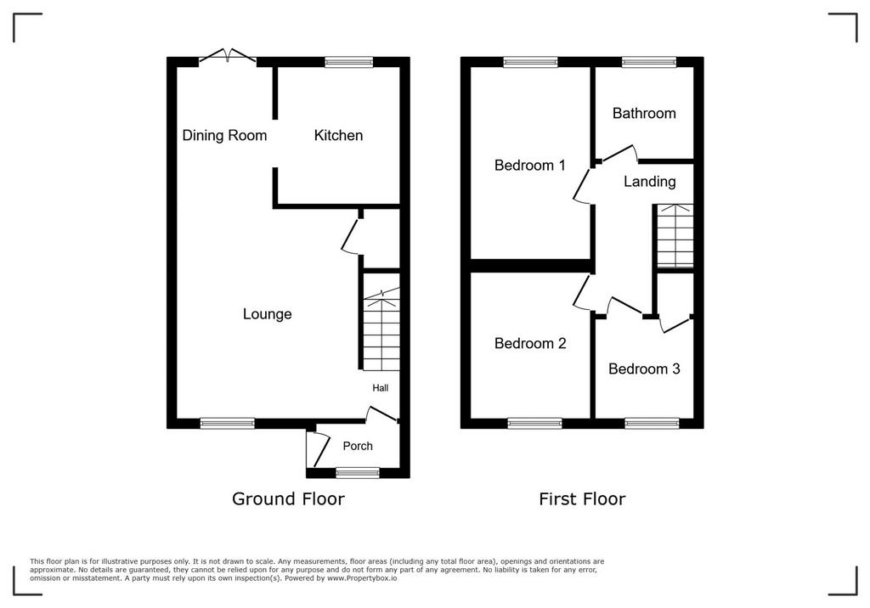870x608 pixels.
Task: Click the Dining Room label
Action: point(224,135)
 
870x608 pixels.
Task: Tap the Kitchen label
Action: point(338,135)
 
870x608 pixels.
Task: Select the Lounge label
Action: point(268,314)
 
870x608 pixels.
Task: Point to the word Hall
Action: point(380,388)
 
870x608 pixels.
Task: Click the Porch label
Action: point(358,446)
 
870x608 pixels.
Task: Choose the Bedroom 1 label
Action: point(530,166)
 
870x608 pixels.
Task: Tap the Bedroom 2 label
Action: point(530,343)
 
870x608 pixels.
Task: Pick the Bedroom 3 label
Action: point(644,369)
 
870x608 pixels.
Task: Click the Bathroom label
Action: point(644,114)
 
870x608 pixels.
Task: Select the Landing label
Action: point(650,182)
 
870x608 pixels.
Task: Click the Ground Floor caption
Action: point(289,498)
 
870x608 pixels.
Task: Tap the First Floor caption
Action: point(582,498)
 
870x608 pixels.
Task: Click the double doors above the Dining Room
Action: point(228,56)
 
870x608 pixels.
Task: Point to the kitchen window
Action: point(349,62)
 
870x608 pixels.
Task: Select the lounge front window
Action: point(228,423)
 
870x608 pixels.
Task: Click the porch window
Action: point(358,473)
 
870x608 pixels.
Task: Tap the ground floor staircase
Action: point(381,329)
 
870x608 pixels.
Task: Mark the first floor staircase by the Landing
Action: point(675,236)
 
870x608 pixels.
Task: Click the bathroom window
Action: point(649,62)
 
